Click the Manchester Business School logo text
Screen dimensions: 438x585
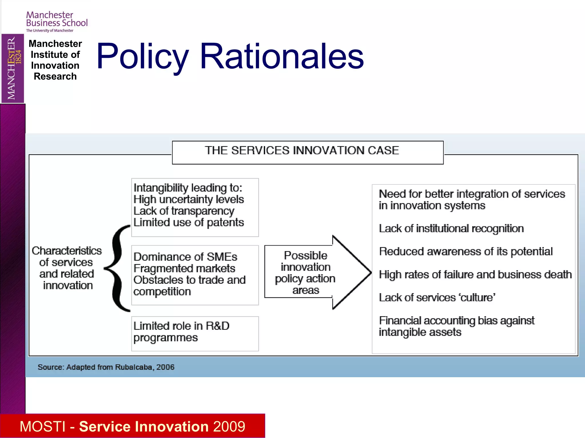(x=57, y=19)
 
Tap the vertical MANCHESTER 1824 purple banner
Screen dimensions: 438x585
(x=13, y=68)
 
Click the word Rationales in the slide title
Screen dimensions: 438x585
(x=282, y=56)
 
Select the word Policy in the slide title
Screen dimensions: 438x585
(x=142, y=56)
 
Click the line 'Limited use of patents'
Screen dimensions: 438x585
(x=189, y=223)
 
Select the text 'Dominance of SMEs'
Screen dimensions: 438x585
(x=185, y=257)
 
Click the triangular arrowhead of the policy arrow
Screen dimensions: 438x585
(x=351, y=272)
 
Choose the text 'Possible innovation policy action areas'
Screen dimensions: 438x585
(x=305, y=273)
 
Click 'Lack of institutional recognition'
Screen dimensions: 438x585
(x=451, y=229)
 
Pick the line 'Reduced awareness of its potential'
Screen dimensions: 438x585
(x=466, y=252)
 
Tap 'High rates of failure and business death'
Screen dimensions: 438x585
(x=475, y=275)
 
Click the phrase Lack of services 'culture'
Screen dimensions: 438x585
(x=437, y=298)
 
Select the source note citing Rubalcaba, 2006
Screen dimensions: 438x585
(x=106, y=367)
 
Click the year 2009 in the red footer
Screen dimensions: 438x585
(x=229, y=427)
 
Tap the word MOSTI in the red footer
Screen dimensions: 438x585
(x=43, y=427)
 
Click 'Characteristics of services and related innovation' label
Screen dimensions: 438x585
(x=67, y=268)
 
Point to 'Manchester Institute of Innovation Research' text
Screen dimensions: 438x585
(x=55, y=60)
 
